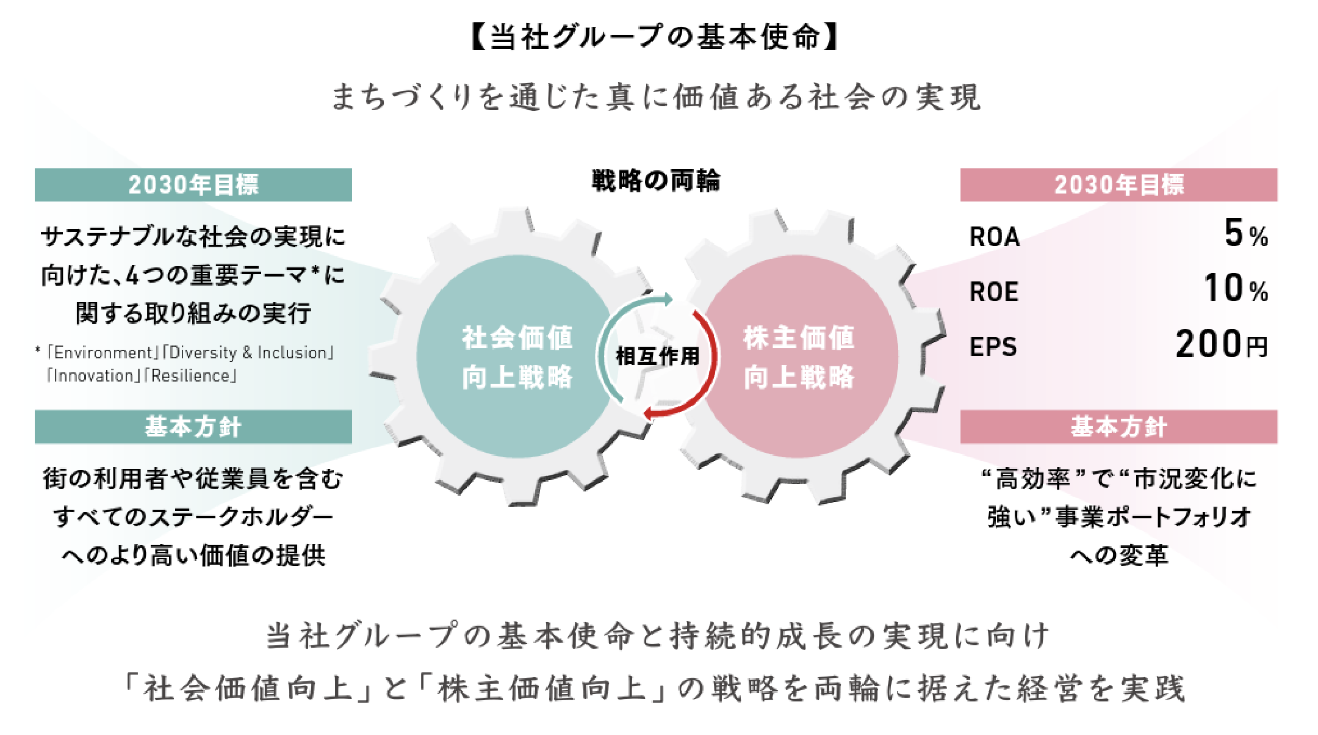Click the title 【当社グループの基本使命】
656,37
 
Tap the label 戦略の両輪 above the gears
656,181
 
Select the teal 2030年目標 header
193,184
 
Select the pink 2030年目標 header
1118,184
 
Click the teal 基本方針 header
193,427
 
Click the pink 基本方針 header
1118,427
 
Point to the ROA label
995,237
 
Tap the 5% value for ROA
1245,234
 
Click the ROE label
995,292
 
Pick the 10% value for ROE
1236,289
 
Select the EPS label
993,347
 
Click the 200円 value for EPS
1221,344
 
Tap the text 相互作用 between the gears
657,356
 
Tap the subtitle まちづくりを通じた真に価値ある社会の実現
656,98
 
